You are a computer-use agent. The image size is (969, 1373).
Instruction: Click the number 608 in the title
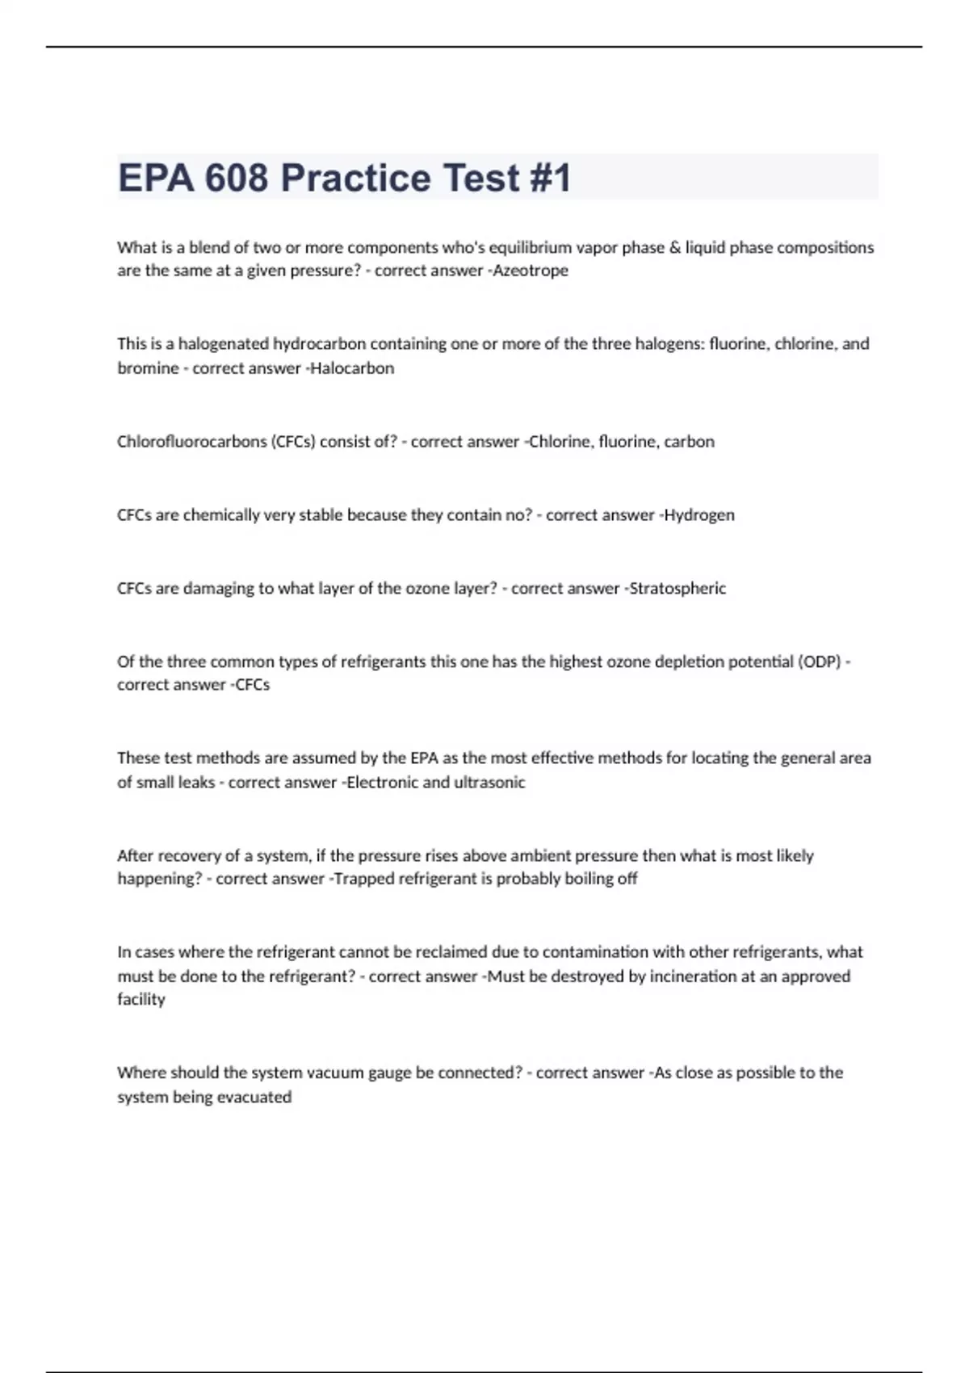pos(236,178)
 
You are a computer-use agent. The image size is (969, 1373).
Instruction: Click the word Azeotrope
pos(531,271)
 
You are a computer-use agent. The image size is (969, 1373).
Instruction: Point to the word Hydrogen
pos(698,515)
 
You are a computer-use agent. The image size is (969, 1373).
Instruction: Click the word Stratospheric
pos(677,589)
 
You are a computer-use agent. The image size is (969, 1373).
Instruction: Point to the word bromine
pos(148,368)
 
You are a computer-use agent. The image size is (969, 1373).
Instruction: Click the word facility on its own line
pos(141,999)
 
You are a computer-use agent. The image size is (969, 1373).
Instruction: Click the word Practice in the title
pos(356,178)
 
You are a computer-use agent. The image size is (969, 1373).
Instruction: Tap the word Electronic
pos(382,782)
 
